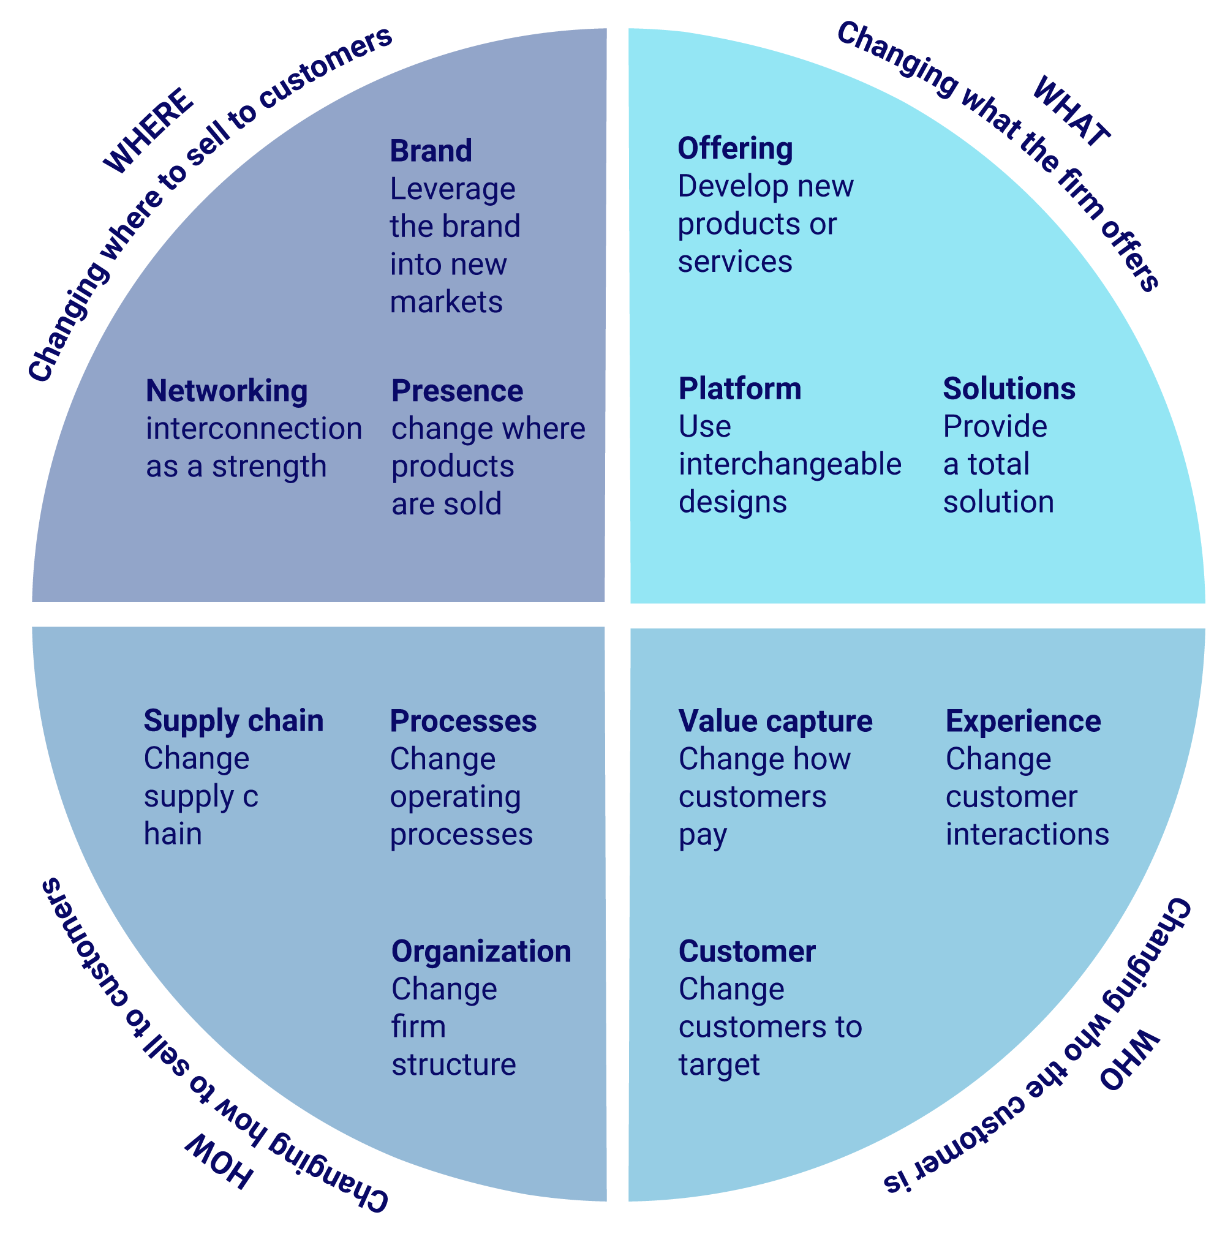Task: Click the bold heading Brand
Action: [x=431, y=151]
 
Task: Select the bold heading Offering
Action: [x=734, y=149]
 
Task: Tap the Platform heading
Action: [x=740, y=389]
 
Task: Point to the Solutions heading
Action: [x=1009, y=389]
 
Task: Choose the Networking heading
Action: [x=227, y=391]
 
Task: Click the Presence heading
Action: [x=457, y=391]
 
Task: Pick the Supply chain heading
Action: [x=233, y=721]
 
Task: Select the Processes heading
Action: [x=463, y=721]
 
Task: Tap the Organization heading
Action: [x=481, y=952]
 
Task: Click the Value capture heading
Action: [x=775, y=721]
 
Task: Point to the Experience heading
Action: [x=1023, y=721]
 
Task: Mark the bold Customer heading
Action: [x=747, y=952]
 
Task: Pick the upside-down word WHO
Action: [x=1129, y=1060]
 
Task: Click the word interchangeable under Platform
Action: [x=790, y=464]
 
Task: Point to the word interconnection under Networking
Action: [x=254, y=429]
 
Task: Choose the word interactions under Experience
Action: [x=1027, y=834]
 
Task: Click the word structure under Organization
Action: [x=453, y=1065]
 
